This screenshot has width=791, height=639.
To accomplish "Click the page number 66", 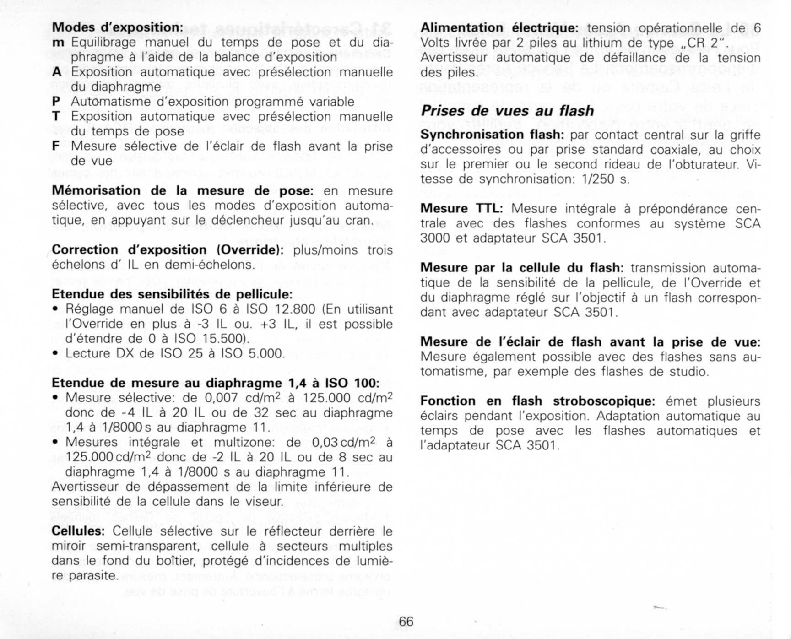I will coord(406,621).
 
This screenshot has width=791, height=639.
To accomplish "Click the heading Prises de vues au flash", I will coord(507,111).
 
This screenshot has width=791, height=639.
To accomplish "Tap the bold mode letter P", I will coord(56,102).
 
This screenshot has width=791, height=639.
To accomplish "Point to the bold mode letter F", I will coord(56,146).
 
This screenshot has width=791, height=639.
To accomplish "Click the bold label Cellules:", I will coord(78,531).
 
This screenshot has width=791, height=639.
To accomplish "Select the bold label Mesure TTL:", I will coord(461,209).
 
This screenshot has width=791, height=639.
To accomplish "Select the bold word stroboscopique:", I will coord(604,401).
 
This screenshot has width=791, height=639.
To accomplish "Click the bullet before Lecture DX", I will coord(55,354).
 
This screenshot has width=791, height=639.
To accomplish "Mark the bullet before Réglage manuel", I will coord(55,309).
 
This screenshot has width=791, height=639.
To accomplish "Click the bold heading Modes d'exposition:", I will coord(118,27).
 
